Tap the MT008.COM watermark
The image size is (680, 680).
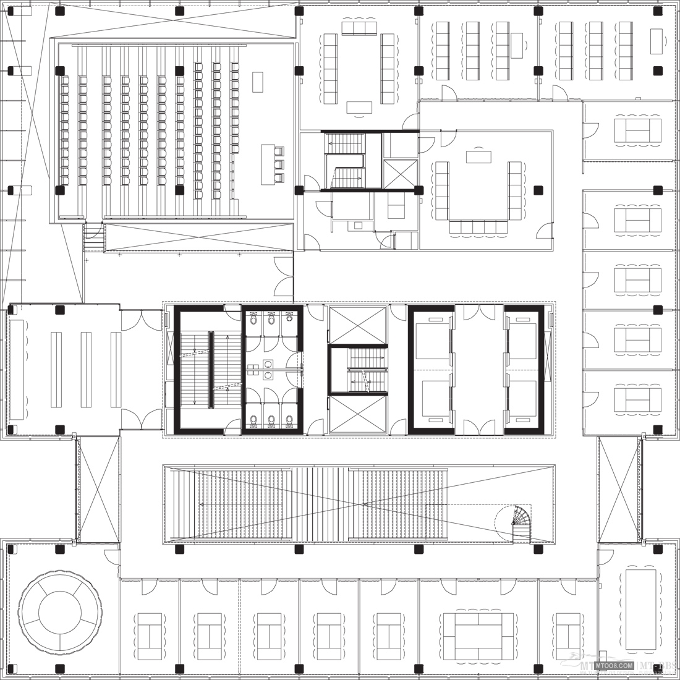click(613, 665)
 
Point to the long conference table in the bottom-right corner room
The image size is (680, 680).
click(640, 609)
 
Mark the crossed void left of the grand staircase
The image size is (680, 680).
click(98, 489)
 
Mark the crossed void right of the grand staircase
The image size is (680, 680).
click(619, 489)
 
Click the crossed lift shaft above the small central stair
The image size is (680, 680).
click(357, 325)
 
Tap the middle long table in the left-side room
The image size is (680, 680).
click(86, 370)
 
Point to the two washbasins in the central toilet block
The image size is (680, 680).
click(267, 370)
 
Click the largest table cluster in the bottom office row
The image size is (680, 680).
click(478, 636)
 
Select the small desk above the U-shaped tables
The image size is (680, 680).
click(478, 156)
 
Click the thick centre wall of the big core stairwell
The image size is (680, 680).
click(210, 370)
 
